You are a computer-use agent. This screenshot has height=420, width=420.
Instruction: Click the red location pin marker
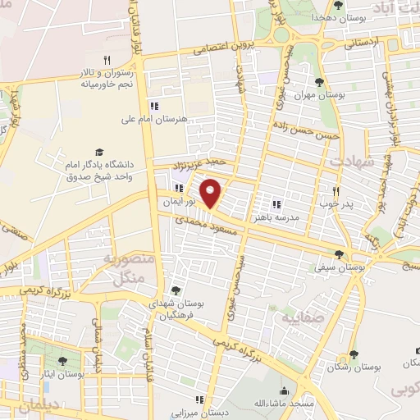pyautogui.click(x=212, y=194)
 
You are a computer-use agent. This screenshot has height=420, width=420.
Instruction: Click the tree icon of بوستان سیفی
pyautogui.click(x=340, y=254)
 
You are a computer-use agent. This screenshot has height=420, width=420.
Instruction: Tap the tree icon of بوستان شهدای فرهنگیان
pyautogui.click(x=175, y=290)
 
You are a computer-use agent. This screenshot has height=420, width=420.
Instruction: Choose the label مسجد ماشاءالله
pyautogui.click(x=284, y=404)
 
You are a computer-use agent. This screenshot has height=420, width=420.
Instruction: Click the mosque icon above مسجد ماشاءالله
pyautogui.click(x=284, y=390)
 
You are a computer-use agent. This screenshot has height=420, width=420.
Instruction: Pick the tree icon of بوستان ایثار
pyautogui.click(x=63, y=360)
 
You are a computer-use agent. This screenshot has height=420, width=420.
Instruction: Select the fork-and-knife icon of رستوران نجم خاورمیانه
pyautogui.click(x=107, y=60)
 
